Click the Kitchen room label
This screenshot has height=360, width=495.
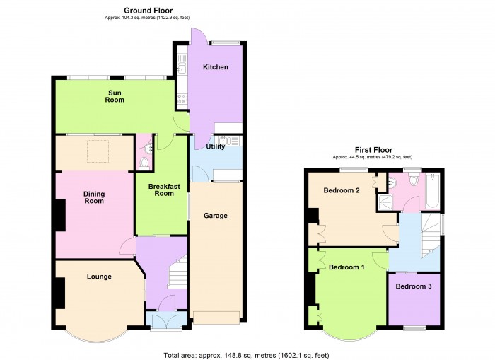(x=216, y=67)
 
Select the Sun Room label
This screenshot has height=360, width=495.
(x=115, y=96)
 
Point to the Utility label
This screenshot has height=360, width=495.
(x=216, y=146)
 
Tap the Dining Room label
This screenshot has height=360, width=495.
(x=94, y=197)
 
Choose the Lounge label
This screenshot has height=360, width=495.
(x=99, y=277)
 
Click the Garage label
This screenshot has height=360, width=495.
(x=216, y=215)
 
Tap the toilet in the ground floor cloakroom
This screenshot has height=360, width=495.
(x=144, y=163)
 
